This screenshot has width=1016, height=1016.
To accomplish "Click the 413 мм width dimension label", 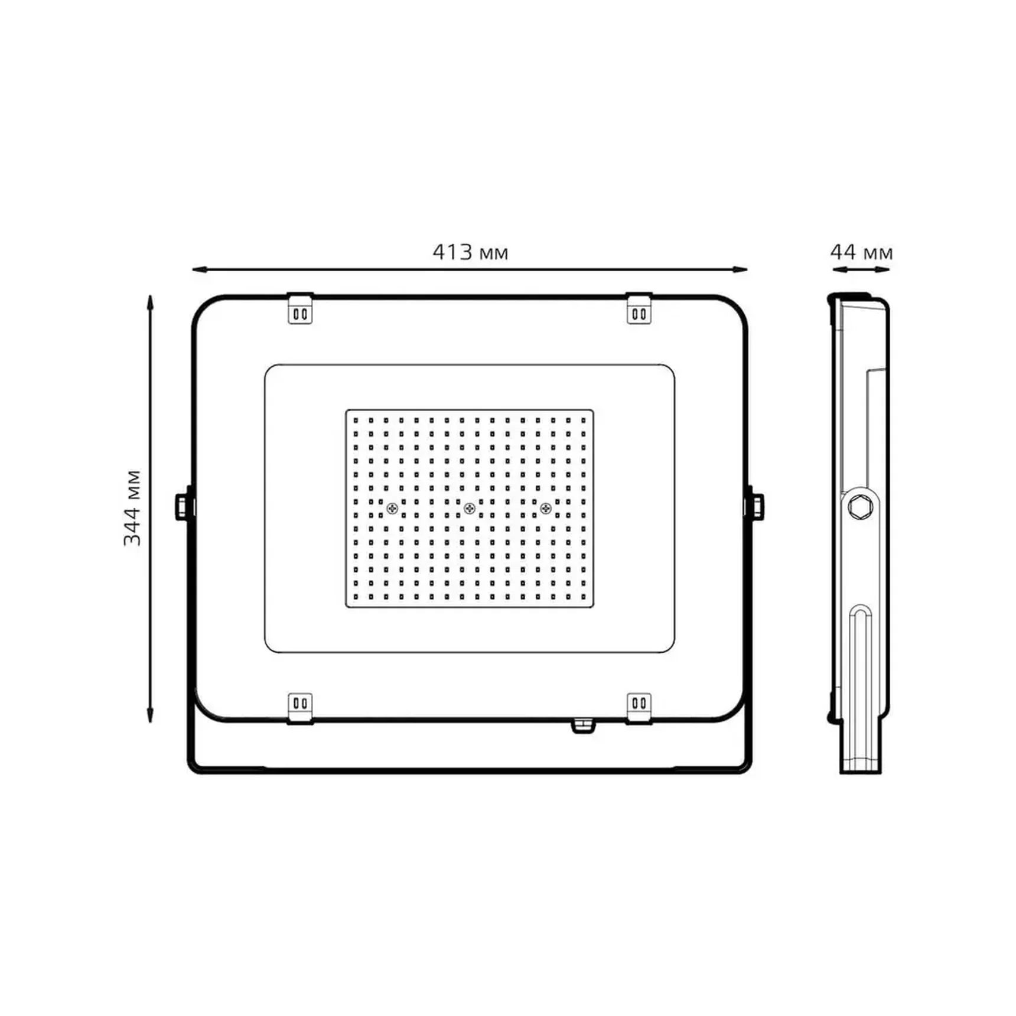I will click(470, 252).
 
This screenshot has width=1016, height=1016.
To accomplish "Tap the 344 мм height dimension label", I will click(132, 507).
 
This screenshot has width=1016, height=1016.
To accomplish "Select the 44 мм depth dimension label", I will click(861, 252).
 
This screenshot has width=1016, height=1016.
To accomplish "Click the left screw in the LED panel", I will click(392, 508).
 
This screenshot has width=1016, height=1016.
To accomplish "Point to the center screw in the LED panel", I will click(470, 508).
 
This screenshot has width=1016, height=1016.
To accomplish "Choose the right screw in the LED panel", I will click(546, 508).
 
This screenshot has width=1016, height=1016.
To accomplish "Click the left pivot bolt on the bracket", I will click(184, 507).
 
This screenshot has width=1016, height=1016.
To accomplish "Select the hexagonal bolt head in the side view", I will click(858, 506).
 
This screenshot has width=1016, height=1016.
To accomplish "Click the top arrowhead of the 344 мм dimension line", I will click(150, 302).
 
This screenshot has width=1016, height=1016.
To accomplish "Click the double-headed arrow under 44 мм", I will click(861, 269).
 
